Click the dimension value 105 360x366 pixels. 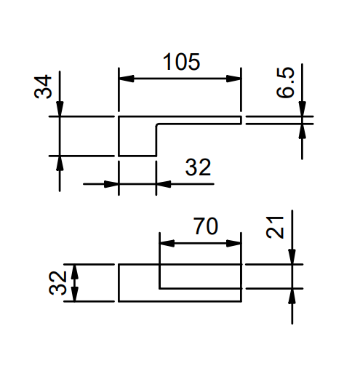[x=181, y=62]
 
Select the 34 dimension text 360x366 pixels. [x=43, y=87]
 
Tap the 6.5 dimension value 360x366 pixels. [x=285, y=82]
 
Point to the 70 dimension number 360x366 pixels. [x=206, y=226]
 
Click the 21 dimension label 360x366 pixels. [x=275, y=227]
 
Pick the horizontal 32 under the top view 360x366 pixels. [x=198, y=167]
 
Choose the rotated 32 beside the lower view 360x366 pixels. [x=57, y=283]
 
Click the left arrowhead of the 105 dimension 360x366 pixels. [x=127, y=79]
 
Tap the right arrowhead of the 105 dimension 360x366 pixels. [x=233, y=79]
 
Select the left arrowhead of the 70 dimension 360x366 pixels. [x=167, y=243]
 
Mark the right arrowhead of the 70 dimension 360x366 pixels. [x=233, y=243]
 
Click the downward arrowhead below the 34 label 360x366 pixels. [x=60, y=109]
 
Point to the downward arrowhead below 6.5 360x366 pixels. [x=302, y=109]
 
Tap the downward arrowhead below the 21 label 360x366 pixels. [x=292, y=257]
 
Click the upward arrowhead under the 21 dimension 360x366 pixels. [x=292, y=296]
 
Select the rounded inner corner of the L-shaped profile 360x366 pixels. [x=157, y=125]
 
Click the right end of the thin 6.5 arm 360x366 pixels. [x=241, y=120]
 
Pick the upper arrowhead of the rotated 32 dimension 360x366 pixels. [x=74, y=271]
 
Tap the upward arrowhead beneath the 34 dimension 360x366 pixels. [x=60, y=164]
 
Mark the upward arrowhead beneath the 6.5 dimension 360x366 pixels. [x=302, y=131]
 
